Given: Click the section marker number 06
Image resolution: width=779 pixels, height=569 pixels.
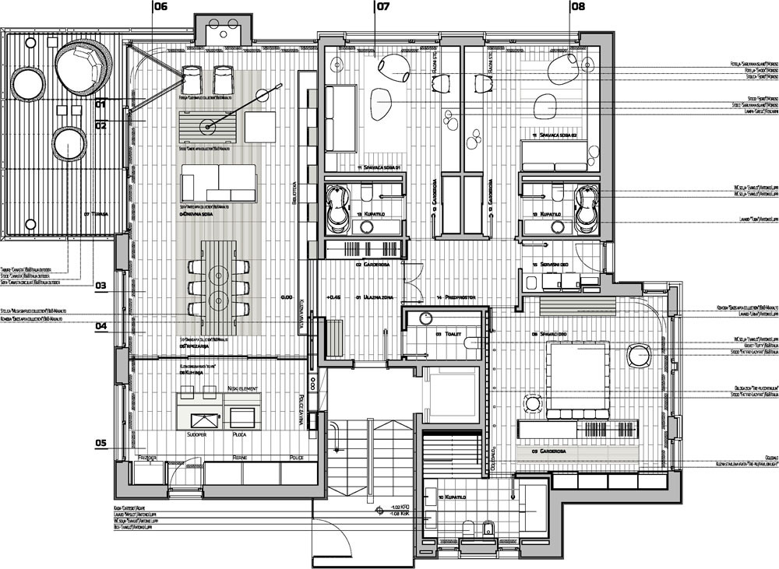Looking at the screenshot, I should (160, 7).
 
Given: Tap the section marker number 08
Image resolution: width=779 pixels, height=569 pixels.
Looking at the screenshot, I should (577, 7).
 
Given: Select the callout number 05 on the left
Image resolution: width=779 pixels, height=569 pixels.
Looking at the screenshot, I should (101, 444).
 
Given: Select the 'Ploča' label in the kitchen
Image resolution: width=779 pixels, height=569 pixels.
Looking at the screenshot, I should (241, 435).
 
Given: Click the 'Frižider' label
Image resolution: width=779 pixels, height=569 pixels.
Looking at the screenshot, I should (147, 458).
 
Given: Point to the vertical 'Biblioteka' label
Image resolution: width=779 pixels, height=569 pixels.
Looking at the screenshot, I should (294, 191).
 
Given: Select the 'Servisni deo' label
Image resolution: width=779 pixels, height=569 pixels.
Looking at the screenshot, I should (555, 265).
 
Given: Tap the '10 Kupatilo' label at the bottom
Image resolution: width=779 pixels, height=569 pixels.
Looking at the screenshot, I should (449, 496).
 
